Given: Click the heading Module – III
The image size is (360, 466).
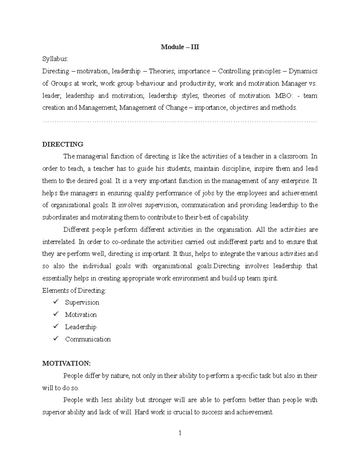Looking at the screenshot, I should [180, 47].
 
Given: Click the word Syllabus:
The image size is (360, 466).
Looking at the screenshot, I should [55, 59].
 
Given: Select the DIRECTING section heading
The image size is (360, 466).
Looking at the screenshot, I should [63, 144].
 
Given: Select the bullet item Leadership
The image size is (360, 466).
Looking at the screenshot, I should [81, 327].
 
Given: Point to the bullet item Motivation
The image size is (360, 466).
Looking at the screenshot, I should [81, 314].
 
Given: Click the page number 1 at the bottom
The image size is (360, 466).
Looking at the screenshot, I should [180, 433].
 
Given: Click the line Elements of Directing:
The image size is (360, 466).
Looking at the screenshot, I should [74, 290].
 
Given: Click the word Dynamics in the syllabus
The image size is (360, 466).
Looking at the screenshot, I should [303, 71].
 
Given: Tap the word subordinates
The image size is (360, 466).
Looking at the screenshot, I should [60, 217].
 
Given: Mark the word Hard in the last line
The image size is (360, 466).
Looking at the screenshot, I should [142, 412].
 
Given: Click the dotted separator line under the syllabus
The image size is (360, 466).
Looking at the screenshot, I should [180, 121].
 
